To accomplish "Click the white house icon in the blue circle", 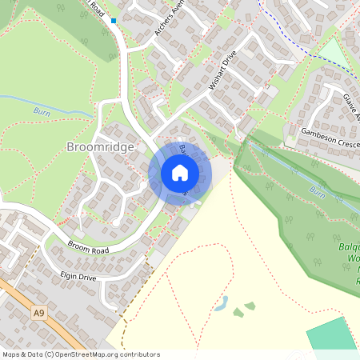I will click(180, 172).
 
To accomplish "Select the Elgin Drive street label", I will click(78, 278).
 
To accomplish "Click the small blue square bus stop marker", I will click(114, 21).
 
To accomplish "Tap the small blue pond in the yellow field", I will click(222, 304).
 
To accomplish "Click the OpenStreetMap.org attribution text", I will click(104, 354).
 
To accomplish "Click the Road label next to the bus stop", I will click(97, 8).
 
